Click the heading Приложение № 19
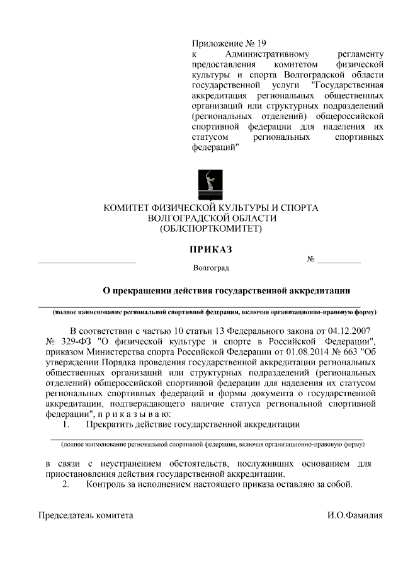coord(229,44)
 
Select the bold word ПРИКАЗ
coord(211,249)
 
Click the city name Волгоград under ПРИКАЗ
coord(211,268)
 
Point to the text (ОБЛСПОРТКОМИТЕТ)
coord(211,229)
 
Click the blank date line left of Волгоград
coord(87,261)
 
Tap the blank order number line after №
coord(338,261)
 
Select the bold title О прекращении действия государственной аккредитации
coord(227,290)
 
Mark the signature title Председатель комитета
coord(86,515)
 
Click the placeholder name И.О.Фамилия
coord(355,515)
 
